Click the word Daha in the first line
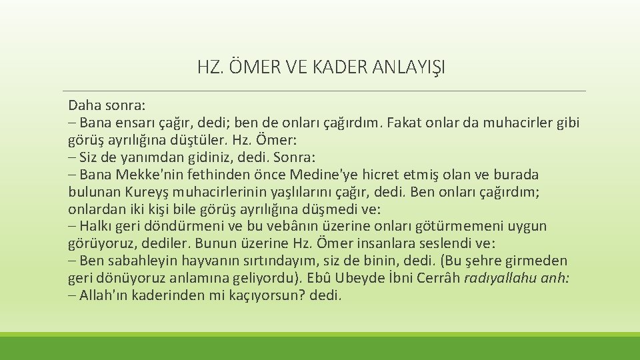pos(82,106)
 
